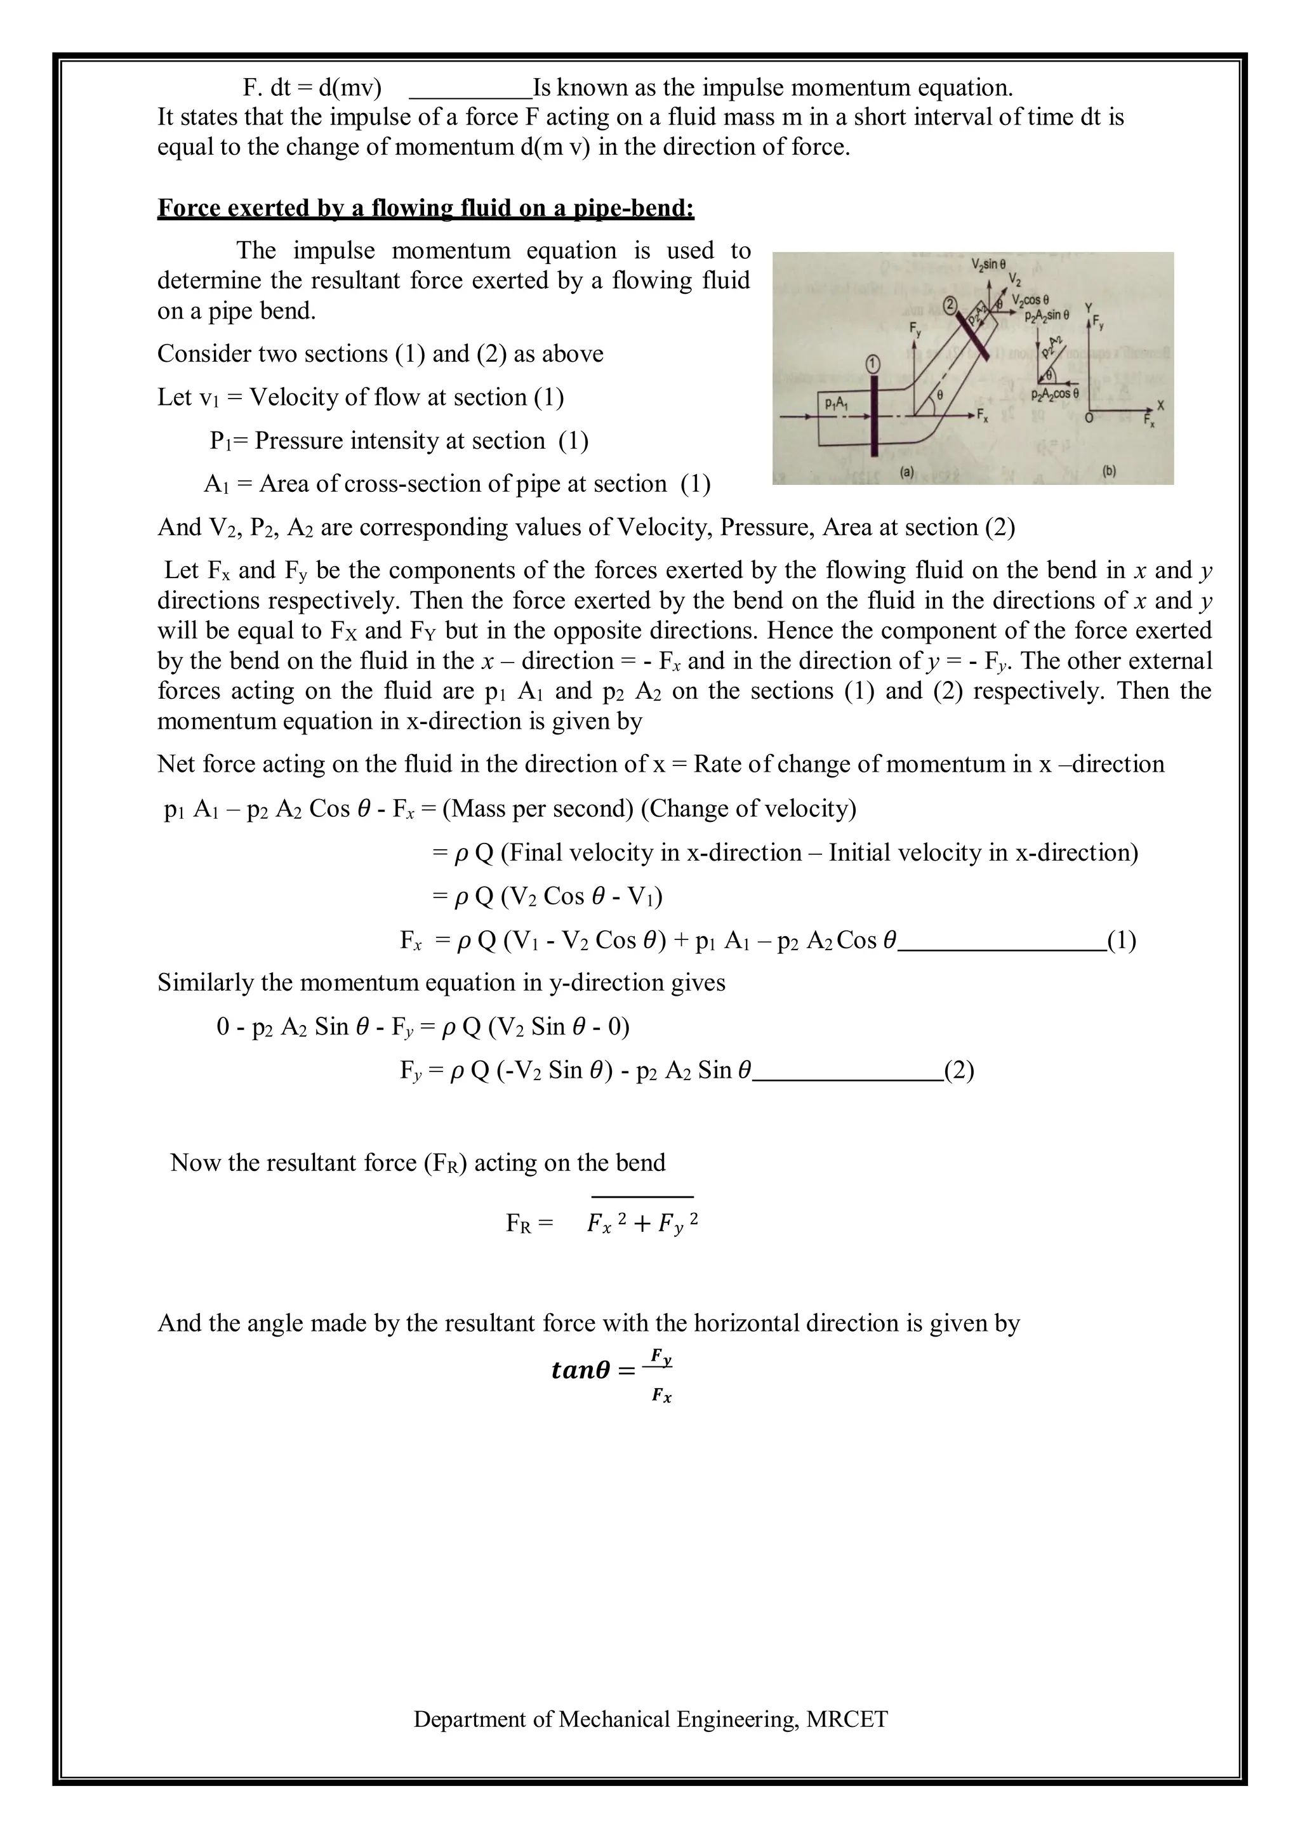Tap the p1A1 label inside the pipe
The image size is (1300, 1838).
click(x=837, y=405)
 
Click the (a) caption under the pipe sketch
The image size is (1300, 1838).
click(x=906, y=472)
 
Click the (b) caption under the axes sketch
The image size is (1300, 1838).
click(x=1109, y=472)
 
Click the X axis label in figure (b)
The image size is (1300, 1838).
click(x=1161, y=406)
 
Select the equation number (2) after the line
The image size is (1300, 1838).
click(x=958, y=1070)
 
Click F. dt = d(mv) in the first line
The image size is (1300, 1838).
click(x=312, y=86)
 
